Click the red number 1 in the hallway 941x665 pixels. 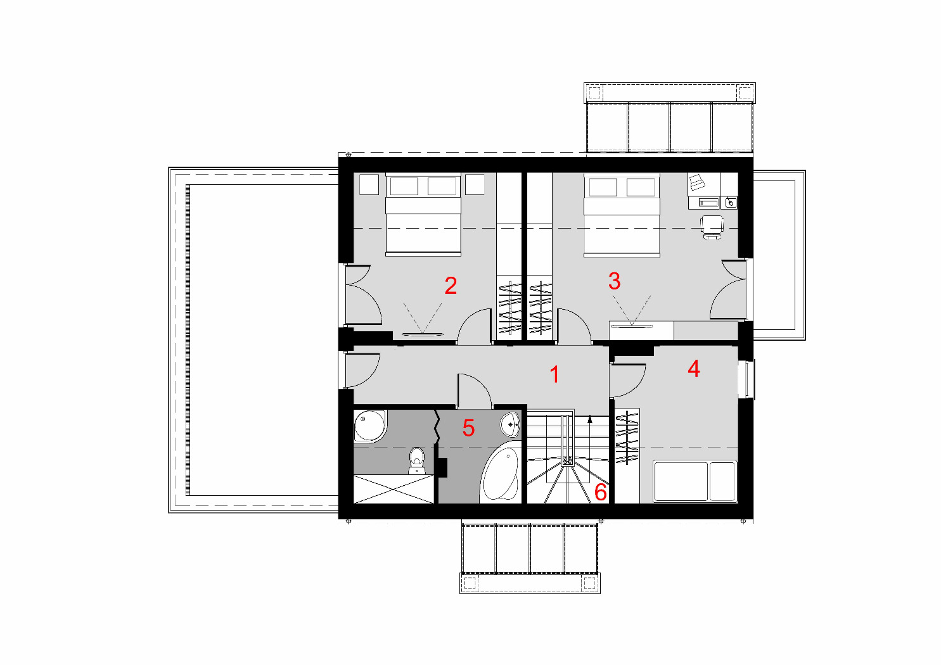555,374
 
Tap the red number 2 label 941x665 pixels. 451,286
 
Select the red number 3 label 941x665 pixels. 615,281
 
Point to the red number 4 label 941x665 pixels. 694,369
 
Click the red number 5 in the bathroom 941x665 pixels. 468,427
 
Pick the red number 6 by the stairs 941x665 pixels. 600,492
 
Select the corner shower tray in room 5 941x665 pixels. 369,426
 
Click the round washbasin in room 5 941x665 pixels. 510,424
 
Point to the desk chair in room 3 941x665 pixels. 712,227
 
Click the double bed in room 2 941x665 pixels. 423,214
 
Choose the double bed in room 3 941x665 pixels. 621,214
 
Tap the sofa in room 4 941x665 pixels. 695,481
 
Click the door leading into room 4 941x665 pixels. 627,381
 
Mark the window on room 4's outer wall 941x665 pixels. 746,379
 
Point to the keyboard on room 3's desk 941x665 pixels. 710,203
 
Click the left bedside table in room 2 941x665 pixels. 369,184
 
